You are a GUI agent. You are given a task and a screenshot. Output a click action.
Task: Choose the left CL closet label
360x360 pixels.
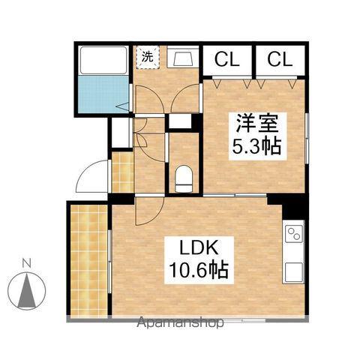pyautogui.click(x=228, y=58)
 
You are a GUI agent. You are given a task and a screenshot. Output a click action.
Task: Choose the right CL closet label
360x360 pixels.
pyautogui.click(x=278, y=58)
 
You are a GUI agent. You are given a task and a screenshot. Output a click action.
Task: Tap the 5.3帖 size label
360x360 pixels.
pyautogui.click(x=256, y=146)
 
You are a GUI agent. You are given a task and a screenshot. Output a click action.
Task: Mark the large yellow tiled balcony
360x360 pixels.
pyautogui.click(x=89, y=259)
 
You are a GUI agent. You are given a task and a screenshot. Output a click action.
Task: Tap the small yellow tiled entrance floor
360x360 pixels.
pyautogui.click(x=120, y=172)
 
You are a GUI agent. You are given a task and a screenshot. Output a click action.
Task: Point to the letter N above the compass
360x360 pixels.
pyautogui.click(x=25, y=262)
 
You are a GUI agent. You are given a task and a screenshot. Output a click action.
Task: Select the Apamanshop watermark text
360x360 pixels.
pyautogui.click(x=179, y=324)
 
